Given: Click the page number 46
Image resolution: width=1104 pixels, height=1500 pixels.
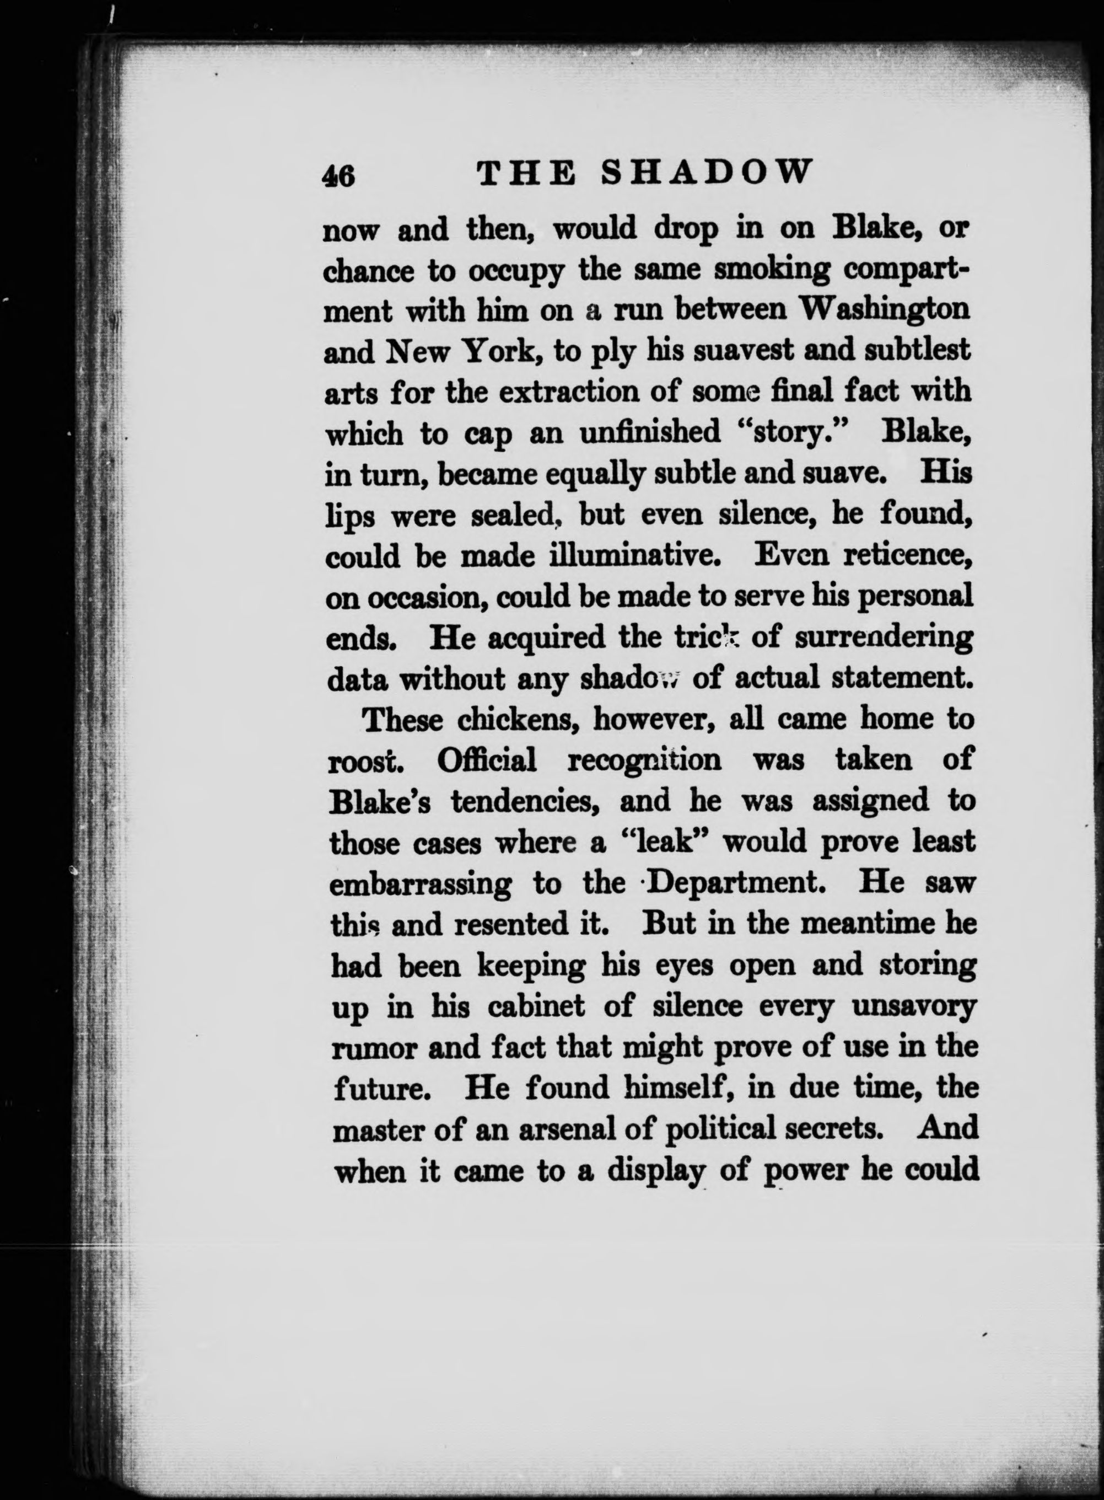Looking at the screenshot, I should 339,176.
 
